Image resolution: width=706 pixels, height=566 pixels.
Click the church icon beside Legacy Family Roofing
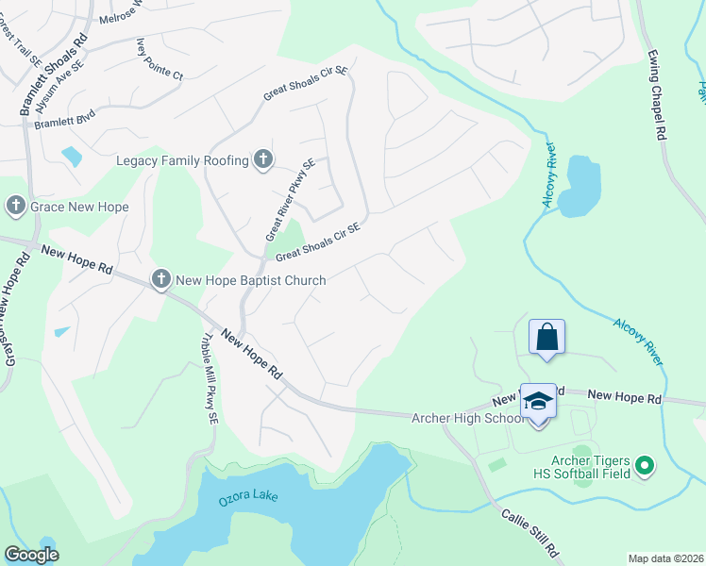click(263, 160)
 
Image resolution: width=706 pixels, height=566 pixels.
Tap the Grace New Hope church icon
click(15, 206)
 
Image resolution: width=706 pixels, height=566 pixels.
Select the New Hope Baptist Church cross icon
click(161, 279)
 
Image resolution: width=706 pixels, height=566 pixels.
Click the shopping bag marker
click(546, 337)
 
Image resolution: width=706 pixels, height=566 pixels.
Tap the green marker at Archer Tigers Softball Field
click(646, 464)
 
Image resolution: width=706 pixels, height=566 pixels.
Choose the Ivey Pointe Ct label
click(160, 59)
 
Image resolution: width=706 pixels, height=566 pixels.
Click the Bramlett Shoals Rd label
click(54, 75)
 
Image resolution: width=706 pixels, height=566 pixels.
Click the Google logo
click(31, 555)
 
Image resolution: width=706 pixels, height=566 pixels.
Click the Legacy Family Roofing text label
click(182, 160)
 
